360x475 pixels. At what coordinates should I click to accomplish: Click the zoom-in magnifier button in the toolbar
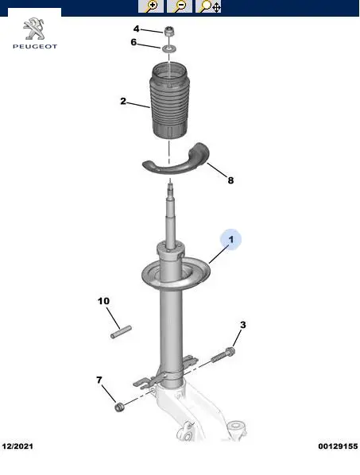[151, 6]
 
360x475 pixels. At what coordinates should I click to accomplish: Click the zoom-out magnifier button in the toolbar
[180, 6]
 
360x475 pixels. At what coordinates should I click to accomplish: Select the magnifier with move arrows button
[208, 6]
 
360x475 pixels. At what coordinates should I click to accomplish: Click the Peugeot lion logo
[34, 29]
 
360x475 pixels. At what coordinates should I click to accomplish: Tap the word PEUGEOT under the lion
[35, 46]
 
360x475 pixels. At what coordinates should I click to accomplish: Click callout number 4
[137, 29]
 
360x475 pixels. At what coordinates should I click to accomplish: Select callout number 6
[134, 42]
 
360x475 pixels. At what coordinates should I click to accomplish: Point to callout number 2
[123, 101]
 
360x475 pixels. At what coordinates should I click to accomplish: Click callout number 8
[230, 180]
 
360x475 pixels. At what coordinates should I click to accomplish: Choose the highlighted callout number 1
[231, 240]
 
